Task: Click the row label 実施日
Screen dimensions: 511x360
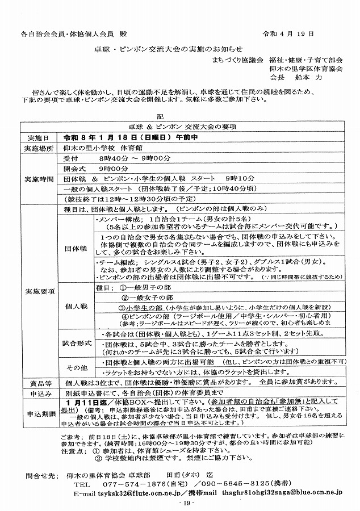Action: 37,138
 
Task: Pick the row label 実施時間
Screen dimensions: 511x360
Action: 37,178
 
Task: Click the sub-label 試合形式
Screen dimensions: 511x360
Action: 76,344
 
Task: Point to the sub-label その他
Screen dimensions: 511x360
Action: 76,366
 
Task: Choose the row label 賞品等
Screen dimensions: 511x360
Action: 37,383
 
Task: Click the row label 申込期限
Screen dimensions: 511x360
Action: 37,413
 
